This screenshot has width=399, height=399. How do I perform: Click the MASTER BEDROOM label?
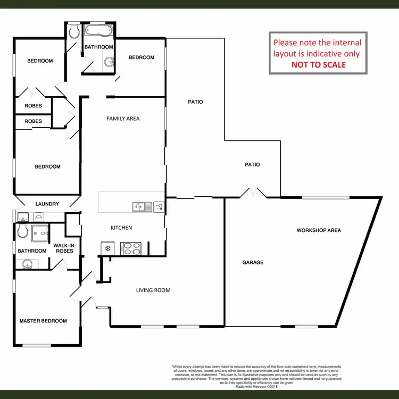point(43,321)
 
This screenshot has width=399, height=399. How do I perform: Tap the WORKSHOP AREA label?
point(319,230)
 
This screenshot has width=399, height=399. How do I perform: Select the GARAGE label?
point(253,262)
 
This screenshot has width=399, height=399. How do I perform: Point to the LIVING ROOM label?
point(153,290)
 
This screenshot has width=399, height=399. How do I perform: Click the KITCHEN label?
point(121,228)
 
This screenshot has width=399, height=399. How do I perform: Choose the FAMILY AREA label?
point(123,119)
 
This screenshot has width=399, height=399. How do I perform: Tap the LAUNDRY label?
point(47,204)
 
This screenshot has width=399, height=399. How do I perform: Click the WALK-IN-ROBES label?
point(63,248)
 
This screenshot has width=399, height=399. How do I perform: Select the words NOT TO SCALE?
point(318,65)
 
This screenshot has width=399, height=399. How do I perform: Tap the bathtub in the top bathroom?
point(98,31)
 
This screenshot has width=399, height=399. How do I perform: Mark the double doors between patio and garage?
point(253,193)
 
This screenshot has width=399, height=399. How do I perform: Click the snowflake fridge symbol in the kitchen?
point(107,248)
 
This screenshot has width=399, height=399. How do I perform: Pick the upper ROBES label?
point(33,106)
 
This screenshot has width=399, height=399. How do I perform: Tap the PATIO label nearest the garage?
point(252,164)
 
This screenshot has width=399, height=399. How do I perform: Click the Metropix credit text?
point(256,387)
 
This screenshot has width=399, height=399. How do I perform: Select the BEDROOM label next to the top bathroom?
point(142,57)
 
